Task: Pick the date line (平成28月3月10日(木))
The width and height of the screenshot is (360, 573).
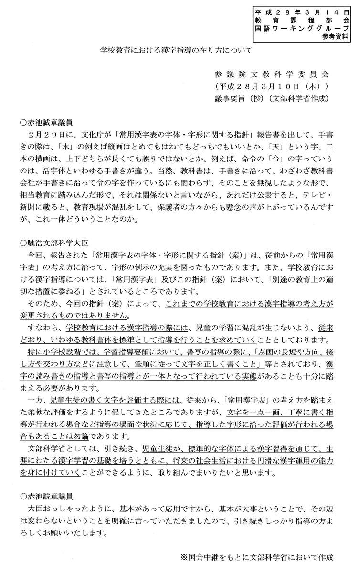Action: [x=271, y=87]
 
